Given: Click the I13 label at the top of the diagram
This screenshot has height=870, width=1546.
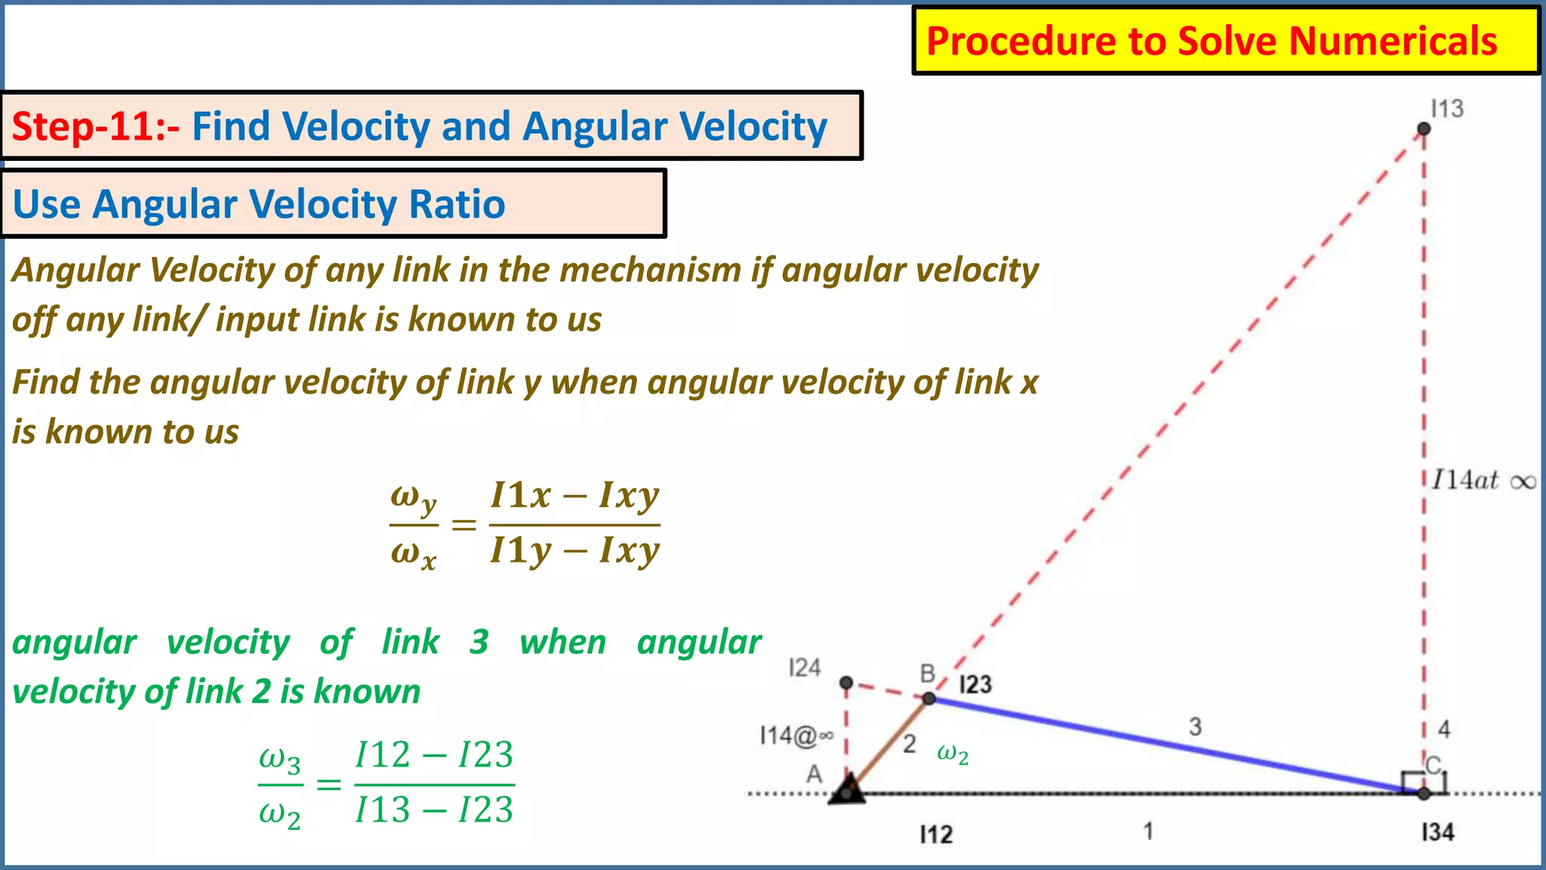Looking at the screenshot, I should (x=1447, y=109).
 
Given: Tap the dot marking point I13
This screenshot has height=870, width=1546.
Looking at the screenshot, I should (x=1424, y=129).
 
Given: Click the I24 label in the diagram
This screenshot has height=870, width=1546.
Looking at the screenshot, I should (x=804, y=668).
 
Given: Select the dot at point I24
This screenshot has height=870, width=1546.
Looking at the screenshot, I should (x=846, y=683).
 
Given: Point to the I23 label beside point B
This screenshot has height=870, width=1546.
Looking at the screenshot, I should (x=975, y=685).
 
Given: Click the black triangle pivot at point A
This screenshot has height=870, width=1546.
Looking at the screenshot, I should (x=848, y=790).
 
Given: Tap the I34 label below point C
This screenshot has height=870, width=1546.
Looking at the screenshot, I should (x=1437, y=832).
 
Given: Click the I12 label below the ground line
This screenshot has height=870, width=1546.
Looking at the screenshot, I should (x=936, y=835).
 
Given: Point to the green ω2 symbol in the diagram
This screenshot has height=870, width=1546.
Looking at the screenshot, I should (x=953, y=753).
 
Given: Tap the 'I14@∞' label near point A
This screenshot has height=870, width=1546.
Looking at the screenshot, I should (x=796, y=735).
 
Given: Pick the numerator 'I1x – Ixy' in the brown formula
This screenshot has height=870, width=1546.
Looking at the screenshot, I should (x=575, y=495).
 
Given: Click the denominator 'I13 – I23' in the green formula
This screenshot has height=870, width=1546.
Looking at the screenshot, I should (x=434, y=810).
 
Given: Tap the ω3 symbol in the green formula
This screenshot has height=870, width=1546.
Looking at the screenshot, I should (x=279, y=759).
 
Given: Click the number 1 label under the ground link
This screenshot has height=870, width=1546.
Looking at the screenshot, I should (x=1148, y=831).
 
